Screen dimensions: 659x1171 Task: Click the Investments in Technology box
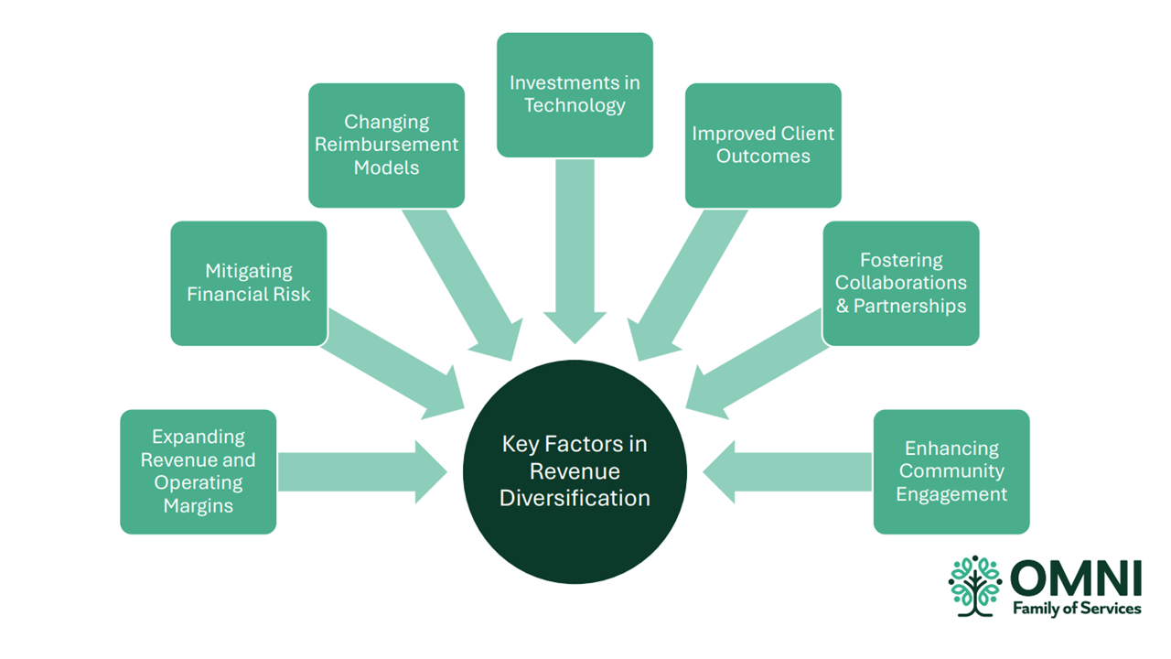pos(575,94)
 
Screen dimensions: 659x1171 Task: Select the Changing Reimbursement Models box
pos(386,145)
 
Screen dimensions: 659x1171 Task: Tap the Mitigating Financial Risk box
pos(248,283)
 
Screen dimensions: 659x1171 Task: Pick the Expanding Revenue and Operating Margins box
pos(198,471)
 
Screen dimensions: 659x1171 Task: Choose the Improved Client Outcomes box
pos(763,145)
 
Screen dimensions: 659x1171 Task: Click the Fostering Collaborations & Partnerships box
pos(900,283)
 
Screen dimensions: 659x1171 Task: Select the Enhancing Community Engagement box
pos(951,471)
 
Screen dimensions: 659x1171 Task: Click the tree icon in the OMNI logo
pos(975,585)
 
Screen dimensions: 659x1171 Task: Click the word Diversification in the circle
pos(575,499)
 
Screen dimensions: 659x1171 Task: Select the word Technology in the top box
pos(575,105)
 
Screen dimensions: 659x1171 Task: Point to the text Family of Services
pos(1076,609)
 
